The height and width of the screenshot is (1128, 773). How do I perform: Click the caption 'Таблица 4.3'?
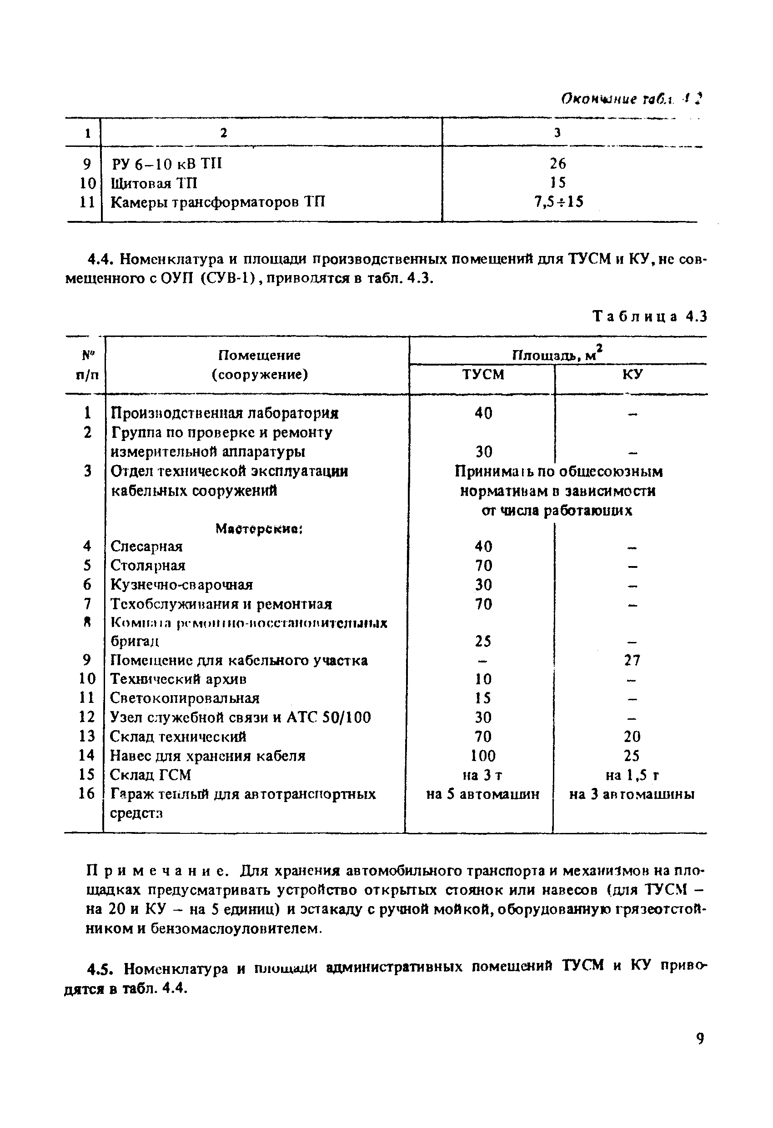650,316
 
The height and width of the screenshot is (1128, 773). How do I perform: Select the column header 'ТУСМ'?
482,374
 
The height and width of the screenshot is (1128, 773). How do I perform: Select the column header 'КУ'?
632,374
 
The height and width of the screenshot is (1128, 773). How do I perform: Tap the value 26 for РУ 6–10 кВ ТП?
558,163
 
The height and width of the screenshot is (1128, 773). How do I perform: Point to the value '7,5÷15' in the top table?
558,201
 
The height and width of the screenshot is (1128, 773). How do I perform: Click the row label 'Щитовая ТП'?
154,183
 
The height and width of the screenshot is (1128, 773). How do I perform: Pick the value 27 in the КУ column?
632,660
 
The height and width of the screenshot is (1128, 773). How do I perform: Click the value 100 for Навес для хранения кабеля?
483,756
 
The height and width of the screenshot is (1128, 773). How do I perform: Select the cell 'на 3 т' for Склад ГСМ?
482,775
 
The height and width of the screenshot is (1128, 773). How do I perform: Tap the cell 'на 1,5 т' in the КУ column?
632,775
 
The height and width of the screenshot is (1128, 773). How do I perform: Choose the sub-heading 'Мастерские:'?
259,529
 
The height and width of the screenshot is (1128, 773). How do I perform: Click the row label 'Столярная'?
148,566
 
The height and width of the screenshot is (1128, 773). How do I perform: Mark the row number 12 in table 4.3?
87,717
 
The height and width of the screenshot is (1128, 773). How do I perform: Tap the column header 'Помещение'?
259,355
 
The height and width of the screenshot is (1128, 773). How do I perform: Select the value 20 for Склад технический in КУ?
632,737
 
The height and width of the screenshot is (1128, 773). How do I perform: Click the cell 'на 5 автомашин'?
482,794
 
